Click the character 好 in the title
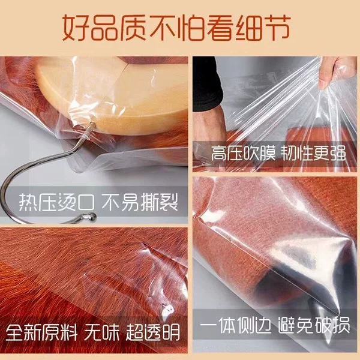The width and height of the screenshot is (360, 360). (x=76, y=28)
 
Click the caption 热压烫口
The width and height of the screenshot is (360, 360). (x=56, y=202)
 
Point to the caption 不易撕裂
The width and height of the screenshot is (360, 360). (x=140, y=202)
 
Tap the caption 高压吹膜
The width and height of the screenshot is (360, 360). (x=243, y=153)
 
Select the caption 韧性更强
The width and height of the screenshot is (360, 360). (x=314, y=153)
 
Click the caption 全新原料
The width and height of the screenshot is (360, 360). (x=41, y=332)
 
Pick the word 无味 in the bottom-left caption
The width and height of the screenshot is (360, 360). (x=102, y=332)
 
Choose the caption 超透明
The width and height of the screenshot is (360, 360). (x=153, y=332)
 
